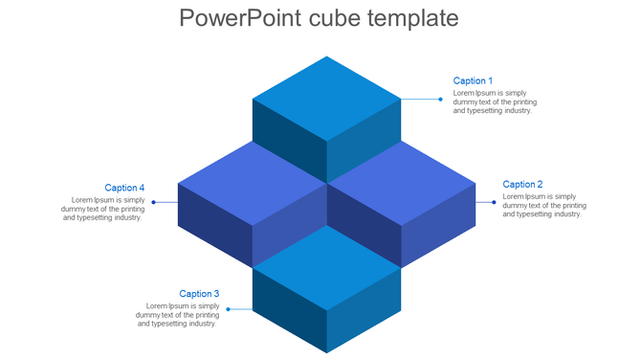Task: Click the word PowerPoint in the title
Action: click(239, 18)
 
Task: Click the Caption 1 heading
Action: click(473, 81)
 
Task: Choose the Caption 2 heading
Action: click(522, 185)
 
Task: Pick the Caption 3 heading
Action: click(199, 294)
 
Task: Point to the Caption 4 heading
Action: click(124, 189)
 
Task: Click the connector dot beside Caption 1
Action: click(440, 99)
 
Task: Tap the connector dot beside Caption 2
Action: click(494, 202)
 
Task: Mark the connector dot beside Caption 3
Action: click(228, 309)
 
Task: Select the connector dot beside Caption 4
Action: click(153, 202)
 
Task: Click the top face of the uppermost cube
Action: click(326, 98)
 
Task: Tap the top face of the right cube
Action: click(401, 183)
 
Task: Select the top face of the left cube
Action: click(252, 183)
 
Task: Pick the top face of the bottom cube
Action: click(326, 267)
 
